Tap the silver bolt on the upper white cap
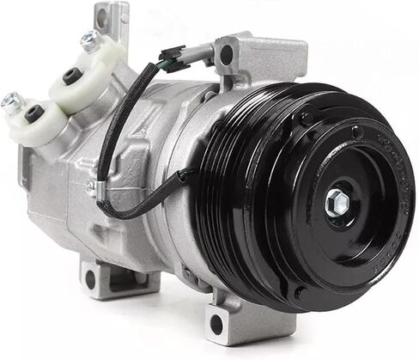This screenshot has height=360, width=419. point(89,39)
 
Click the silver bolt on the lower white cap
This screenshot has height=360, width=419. point(10,101)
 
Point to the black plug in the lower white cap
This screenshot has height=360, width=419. point(33,113)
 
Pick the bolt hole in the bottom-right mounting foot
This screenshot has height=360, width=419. point(216,324)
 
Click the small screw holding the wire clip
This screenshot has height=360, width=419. point(91,186)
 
